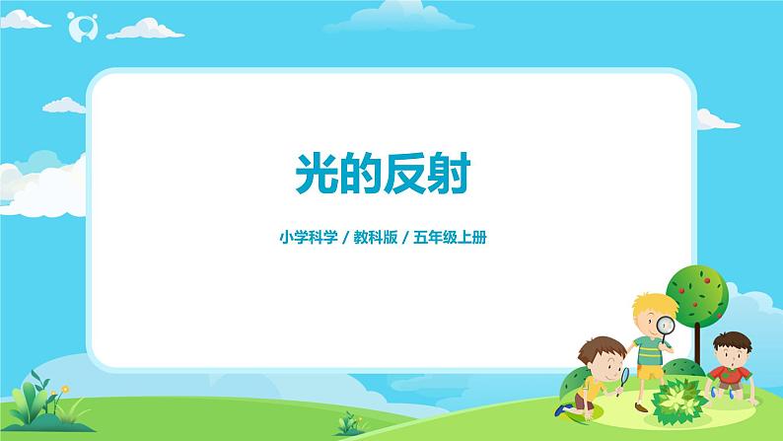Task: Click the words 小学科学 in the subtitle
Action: pyautogui.click(x=305, y=237)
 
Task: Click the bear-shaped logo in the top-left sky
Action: pyautogui.click(x=78, y=27)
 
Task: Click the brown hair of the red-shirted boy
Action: pyautogui.click(x=728, y=340)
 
